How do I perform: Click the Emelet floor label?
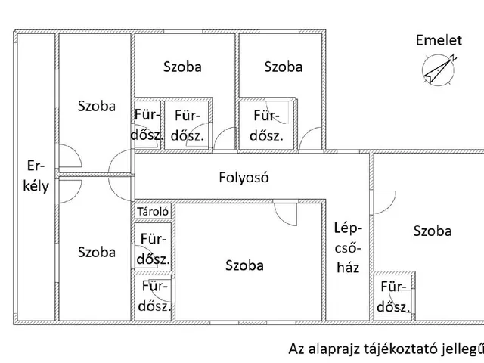click(439, 41)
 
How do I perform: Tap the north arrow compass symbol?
click(437, 70)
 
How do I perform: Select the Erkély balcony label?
click(36, 175)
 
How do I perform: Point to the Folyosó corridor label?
click(244, 178)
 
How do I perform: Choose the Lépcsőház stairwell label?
click(349, 247)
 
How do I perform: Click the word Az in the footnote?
click(297, 349)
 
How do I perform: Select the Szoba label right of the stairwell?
click(432, 231)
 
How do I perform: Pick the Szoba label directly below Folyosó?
click(244, 265)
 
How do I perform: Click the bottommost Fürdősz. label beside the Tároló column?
click(154, 296)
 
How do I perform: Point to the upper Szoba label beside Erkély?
click(97, 107)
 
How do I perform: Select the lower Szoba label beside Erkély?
click(97, 252)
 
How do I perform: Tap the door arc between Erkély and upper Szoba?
click(69, 159)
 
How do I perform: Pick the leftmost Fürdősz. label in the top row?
click(147, 126)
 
